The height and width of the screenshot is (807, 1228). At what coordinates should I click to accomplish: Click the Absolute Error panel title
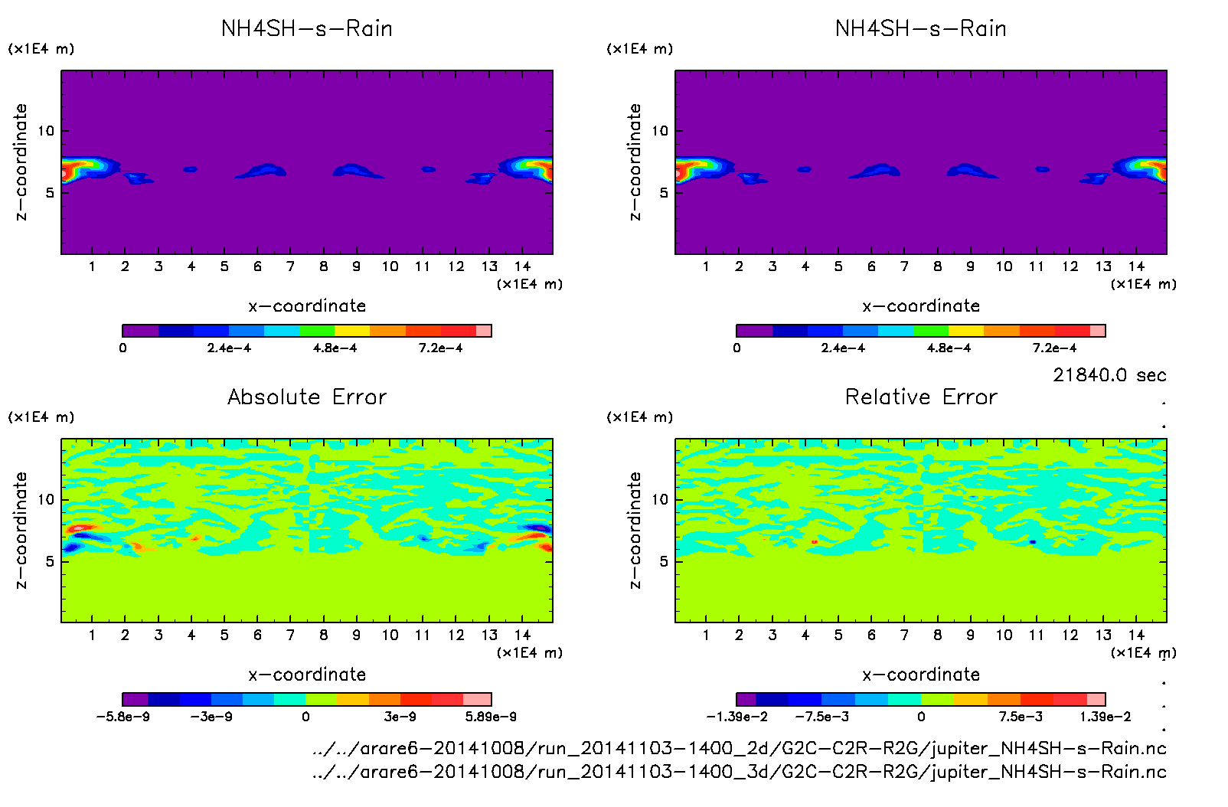307,397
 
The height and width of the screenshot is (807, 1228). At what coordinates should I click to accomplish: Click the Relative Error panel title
921,397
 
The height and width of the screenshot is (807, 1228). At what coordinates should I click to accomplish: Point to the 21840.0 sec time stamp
1109,375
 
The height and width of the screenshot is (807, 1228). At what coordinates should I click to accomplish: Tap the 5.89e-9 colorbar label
491,717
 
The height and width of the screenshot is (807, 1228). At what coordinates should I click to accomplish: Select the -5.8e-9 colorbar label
122,717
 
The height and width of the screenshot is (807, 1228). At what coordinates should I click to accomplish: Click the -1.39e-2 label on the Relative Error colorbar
736,717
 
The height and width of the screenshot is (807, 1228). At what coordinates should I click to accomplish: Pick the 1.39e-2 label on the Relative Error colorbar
1105,717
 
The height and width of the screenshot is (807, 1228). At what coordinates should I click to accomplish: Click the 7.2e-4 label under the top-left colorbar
440,348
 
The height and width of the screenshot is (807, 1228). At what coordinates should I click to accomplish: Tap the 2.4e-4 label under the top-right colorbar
843,348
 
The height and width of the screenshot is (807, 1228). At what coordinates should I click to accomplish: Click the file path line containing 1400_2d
739,748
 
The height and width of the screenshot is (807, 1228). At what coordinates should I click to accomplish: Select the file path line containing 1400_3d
739,771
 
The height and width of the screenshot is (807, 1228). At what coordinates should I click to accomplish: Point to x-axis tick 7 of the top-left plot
290,266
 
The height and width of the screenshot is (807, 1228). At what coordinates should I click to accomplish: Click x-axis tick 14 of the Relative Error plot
1136,635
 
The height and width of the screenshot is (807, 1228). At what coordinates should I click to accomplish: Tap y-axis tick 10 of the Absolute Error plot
47,500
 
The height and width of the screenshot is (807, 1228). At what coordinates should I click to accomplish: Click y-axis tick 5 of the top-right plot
664,192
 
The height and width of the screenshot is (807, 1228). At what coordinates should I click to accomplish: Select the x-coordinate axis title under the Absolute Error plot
307,675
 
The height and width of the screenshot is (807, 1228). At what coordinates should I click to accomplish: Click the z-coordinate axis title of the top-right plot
635,162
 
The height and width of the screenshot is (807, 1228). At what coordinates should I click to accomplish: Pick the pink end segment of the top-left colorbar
483,331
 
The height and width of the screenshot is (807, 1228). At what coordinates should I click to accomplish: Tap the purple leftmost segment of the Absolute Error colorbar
135,699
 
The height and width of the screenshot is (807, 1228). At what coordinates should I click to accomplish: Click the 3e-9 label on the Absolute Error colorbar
400,717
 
